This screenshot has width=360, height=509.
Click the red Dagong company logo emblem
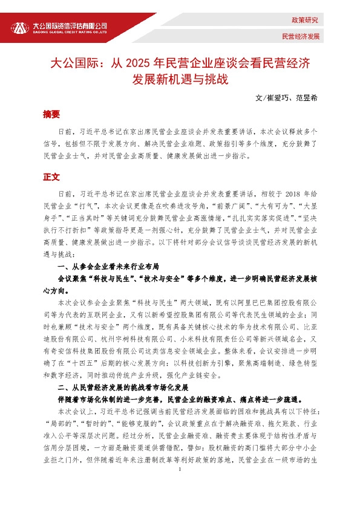(x=21, y=28)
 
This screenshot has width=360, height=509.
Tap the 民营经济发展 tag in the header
(x=300, y=36)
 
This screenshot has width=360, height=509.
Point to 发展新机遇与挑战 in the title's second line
(x=180, y=79)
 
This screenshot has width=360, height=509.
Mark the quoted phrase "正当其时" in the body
(x=97, y=218)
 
